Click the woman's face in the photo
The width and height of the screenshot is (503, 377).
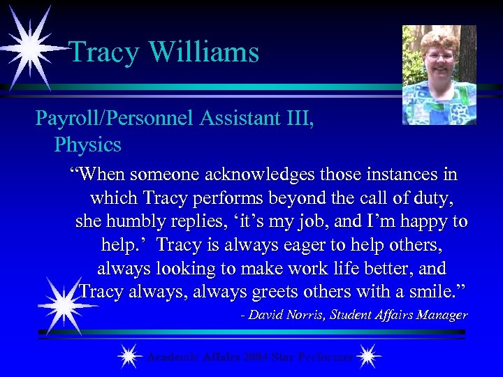click(439, 59)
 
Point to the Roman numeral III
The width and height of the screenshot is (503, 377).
click(298, 119)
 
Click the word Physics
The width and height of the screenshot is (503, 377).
click(87, 145)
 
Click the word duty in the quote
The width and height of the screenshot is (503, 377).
click(433, 198)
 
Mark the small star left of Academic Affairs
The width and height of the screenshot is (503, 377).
click(129, 357)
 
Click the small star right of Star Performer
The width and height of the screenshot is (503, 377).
click(367, 357)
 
